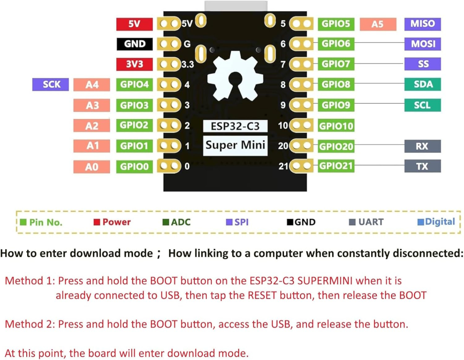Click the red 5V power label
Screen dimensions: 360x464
coord(134,24)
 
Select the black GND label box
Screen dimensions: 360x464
coord(134,44)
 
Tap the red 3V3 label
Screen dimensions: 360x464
coord(134,64)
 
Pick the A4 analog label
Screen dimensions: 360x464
coord(92,85)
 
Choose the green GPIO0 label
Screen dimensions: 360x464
coord(134,166)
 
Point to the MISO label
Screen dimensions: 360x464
coord(422,24)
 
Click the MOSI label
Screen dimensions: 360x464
coord(422,44)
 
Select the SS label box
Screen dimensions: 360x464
coord(422,64)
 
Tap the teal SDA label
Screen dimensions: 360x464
coord(422,84)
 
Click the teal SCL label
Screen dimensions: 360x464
coord(422,105)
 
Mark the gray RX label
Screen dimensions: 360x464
coord(422,146)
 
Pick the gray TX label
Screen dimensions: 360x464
coord(422,166)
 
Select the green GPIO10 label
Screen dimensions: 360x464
coord(336,126)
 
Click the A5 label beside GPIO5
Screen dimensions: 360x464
coord(377,24)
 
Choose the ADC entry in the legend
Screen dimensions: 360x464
coord(177,222)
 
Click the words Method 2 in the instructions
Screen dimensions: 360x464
coord(28,324)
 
